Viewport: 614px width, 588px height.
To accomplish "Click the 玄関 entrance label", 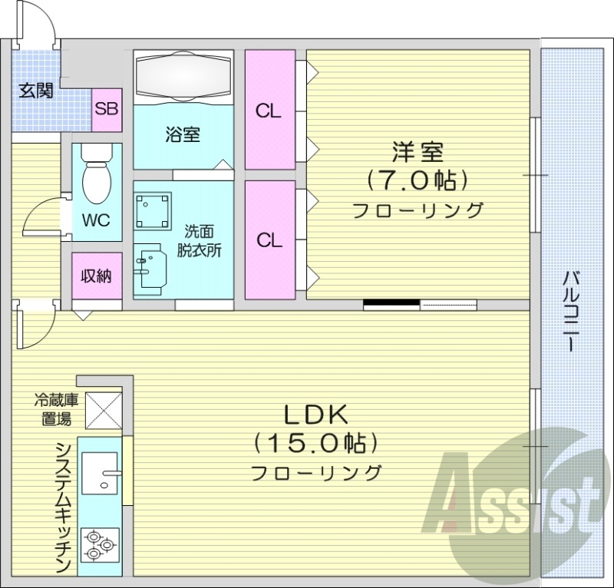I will point(35,91).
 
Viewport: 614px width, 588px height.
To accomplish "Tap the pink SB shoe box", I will point(107,107).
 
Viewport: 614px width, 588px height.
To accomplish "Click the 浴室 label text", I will point(183,134).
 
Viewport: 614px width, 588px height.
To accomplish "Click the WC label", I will point(96,221).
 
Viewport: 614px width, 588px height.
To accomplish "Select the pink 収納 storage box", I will point(97,276).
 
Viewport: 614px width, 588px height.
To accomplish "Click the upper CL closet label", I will point(269,111).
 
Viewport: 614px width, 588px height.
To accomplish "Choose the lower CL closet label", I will point(269,240).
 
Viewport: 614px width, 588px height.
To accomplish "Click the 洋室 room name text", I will point(418,151).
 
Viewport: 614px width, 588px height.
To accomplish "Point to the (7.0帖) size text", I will point(418,180).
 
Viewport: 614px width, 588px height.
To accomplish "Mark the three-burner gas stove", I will point(100,544).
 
